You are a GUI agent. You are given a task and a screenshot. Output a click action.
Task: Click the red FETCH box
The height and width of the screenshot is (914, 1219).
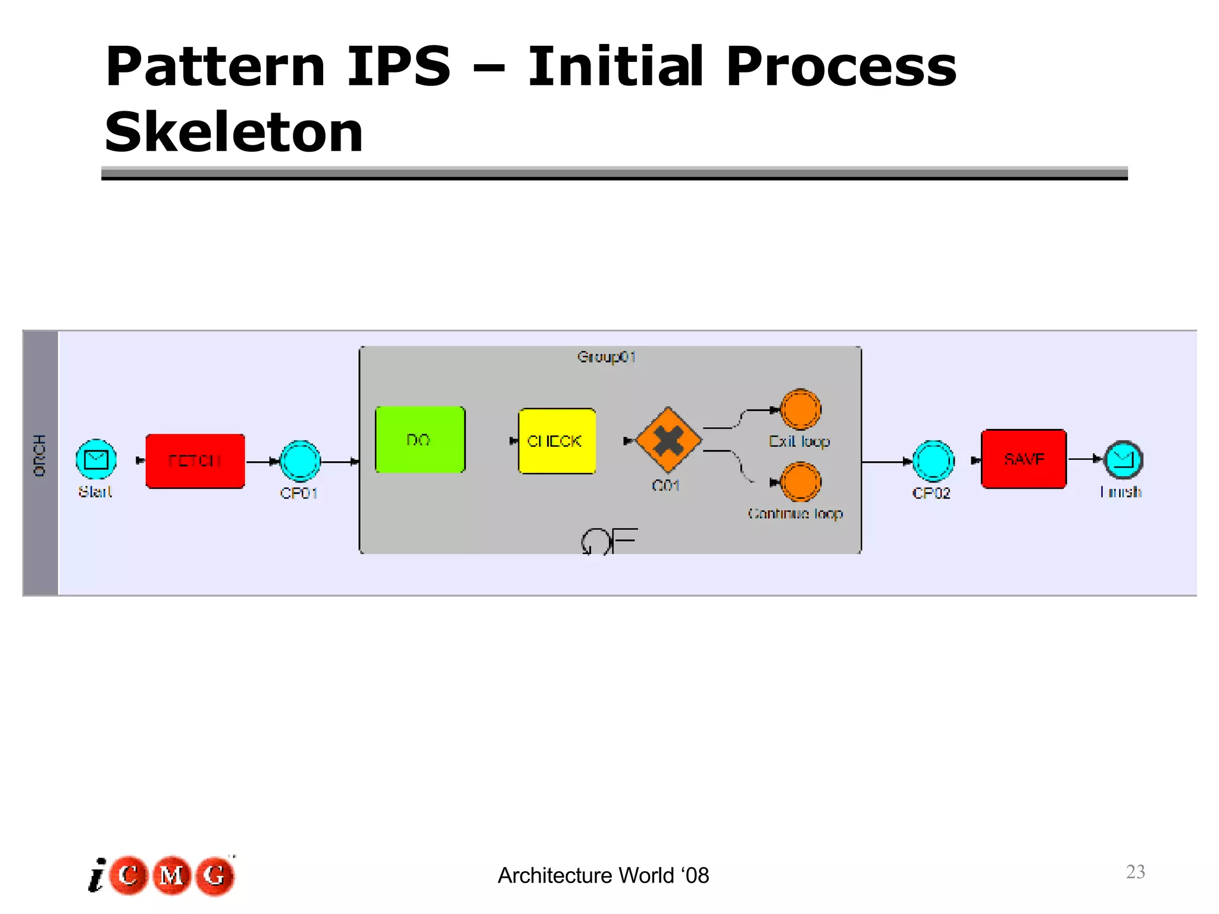click(x=195, y=461)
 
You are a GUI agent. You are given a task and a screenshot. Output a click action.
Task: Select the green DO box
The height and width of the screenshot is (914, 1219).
click(x=420, y=440)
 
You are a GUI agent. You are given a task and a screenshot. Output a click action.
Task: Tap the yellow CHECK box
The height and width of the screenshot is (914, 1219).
click(x=557, y=441)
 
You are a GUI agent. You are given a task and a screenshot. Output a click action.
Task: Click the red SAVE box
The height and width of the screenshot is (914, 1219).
click(x=1024, y=459)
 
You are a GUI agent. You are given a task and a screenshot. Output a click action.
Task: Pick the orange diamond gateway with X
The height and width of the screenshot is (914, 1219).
click(x=669, y=440)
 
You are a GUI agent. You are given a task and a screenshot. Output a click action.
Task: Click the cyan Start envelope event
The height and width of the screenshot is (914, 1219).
click(x=96, y=459)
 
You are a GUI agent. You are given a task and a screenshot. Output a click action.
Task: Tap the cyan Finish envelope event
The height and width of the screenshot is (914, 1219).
click(x=1123, y=459)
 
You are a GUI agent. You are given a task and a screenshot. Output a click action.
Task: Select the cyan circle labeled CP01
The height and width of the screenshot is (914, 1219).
click(x=300, y=461)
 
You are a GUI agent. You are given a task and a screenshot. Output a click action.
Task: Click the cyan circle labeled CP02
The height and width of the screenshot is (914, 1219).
click(x=933, y=461)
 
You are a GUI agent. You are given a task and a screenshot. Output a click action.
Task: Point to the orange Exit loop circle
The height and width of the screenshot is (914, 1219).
click(x=800, y=409)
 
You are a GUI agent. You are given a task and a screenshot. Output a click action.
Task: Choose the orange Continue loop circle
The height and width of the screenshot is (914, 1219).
click(x=800, y=482)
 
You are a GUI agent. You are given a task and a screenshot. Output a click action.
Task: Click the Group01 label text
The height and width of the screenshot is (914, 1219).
click(x=607, y=357)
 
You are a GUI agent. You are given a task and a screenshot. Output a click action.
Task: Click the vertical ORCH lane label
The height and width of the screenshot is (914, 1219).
click(x=40, y=455)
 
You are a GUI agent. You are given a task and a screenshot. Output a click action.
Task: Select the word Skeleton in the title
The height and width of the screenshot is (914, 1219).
click(x=233, y=132)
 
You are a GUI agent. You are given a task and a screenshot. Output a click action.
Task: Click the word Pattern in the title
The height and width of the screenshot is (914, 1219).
click(x=215, y=67)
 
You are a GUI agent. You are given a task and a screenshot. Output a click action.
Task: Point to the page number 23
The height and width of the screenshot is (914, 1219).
click(x=1135, y=871)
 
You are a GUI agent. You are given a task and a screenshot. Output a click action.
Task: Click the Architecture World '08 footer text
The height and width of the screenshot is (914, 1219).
click(x=603, y=875)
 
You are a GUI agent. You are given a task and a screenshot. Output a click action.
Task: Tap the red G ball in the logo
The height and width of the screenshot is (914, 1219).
click(x=215, y=875)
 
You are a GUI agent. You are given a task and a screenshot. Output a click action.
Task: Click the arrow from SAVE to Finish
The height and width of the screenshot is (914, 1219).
click(x=1085, y=459)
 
